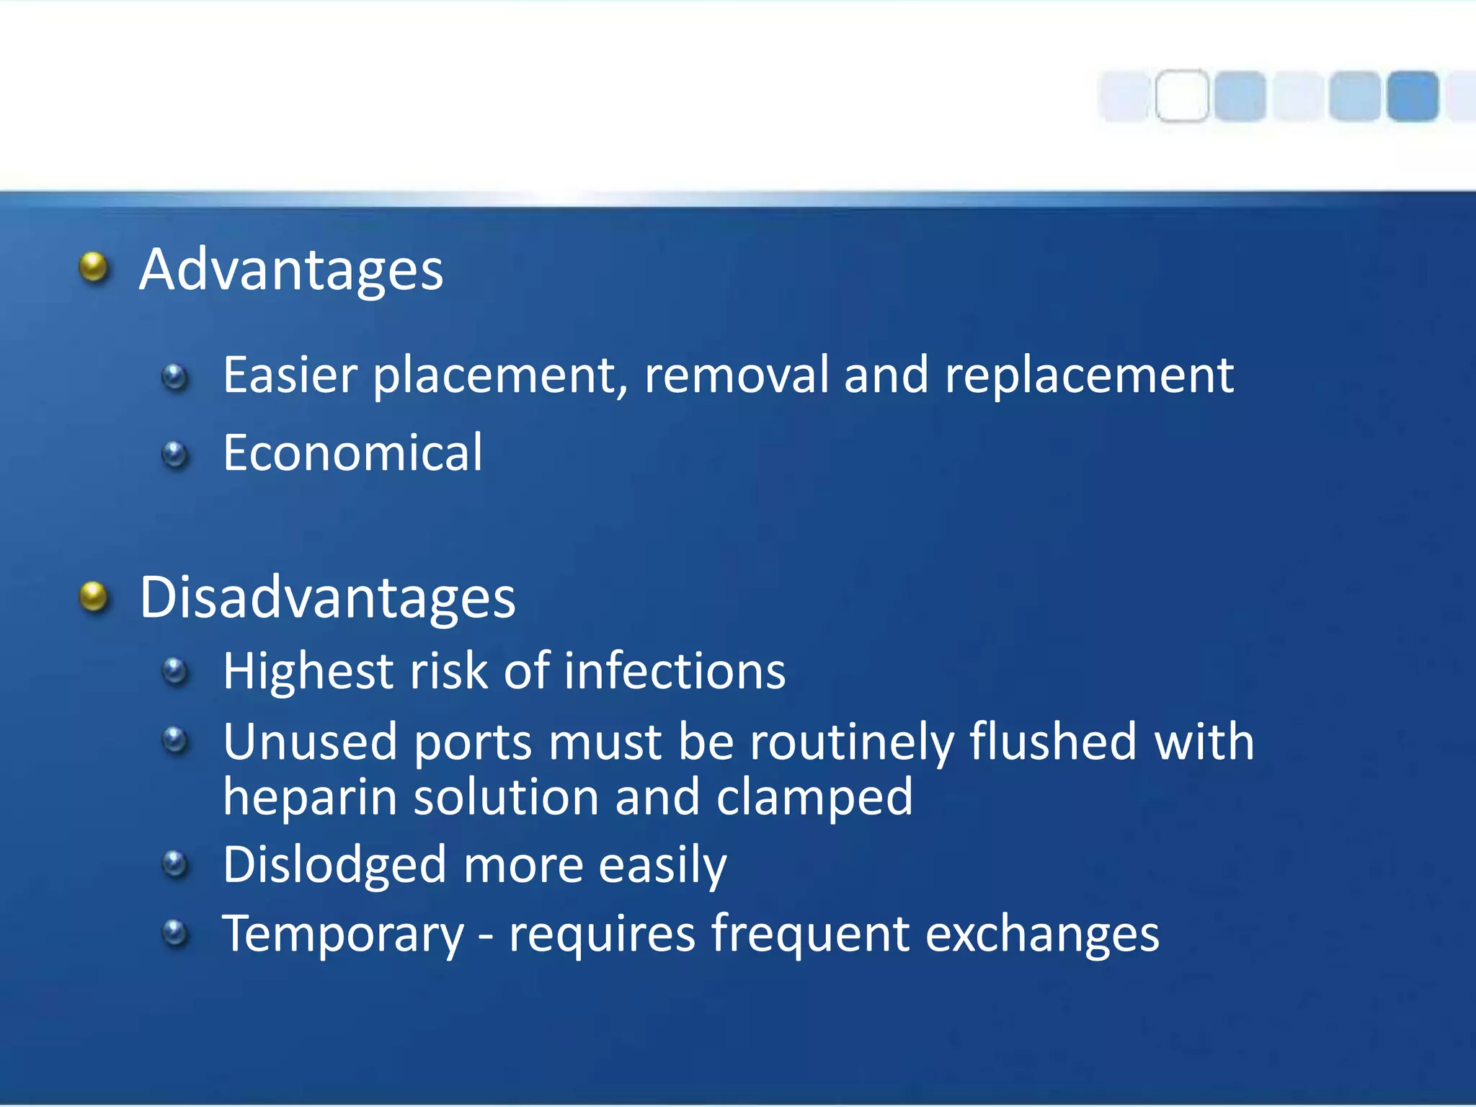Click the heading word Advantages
[x=290, y=270]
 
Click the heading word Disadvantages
[x=327, y=598]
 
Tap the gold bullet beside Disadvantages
[x=94, y=597]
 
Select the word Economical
[x=352, y=453]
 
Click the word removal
[x=736, y=375]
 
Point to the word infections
[x=675, y=672]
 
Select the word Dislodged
[x=334, y=865]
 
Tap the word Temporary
[x=343, y=935]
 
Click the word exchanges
[x=1042, y=934]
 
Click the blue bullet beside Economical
[x=175, y=454]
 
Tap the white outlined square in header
[x=1182, y=96]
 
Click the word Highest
[x=308, y=672]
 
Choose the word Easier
[x=290, y=375]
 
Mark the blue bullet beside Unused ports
[x=175, y=740]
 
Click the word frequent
[x=810, y=934]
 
